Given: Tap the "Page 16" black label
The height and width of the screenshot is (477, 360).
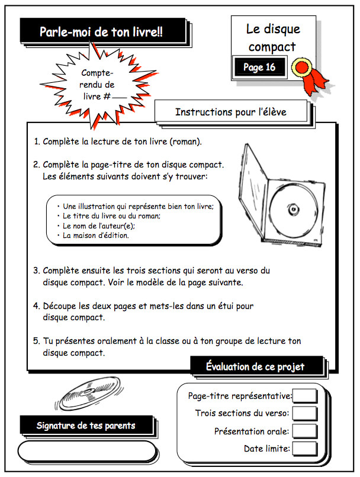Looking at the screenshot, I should (x=259, y=67).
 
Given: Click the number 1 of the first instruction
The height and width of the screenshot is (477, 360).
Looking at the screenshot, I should (x=36, y=142).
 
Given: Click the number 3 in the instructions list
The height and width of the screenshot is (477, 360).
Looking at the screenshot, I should (x=36, y=270).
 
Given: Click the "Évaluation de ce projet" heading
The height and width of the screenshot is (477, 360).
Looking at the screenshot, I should (x=255, y=366).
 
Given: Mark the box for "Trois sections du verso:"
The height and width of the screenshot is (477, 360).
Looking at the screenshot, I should (x=305, y=413).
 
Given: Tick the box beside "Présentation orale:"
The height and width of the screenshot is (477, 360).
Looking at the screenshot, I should (x=305, y=431).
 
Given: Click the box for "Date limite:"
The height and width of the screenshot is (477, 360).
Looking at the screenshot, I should (x=305, y=449).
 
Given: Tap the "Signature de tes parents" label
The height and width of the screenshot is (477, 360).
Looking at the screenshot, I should (x=86, y=425).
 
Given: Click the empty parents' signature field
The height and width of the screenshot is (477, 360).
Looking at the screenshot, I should (x=86, y=450).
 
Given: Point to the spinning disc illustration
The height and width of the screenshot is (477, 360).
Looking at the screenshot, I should (x=89, y=392).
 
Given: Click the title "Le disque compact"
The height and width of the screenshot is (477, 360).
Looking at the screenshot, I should (x=274, y=37).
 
